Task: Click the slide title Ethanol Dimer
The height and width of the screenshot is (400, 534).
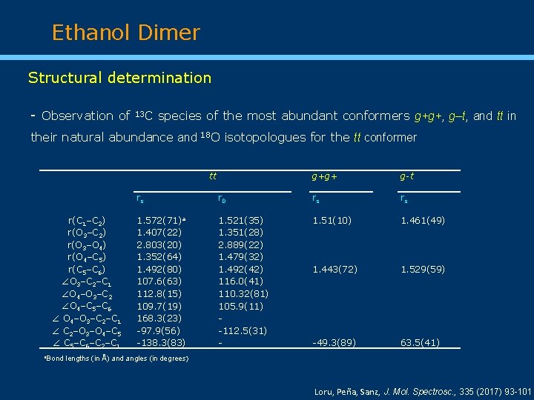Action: [x=126, y=33]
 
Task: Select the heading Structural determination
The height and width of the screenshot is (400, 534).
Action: [x=119, y=78]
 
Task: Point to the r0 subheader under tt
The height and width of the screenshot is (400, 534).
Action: [x=222, y=199]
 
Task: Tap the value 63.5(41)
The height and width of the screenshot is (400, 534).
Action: [x=420, y=343]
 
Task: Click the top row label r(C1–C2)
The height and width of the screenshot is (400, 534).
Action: [x=86, y=221]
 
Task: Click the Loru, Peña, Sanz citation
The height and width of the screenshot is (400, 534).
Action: [x=423, y=390]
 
